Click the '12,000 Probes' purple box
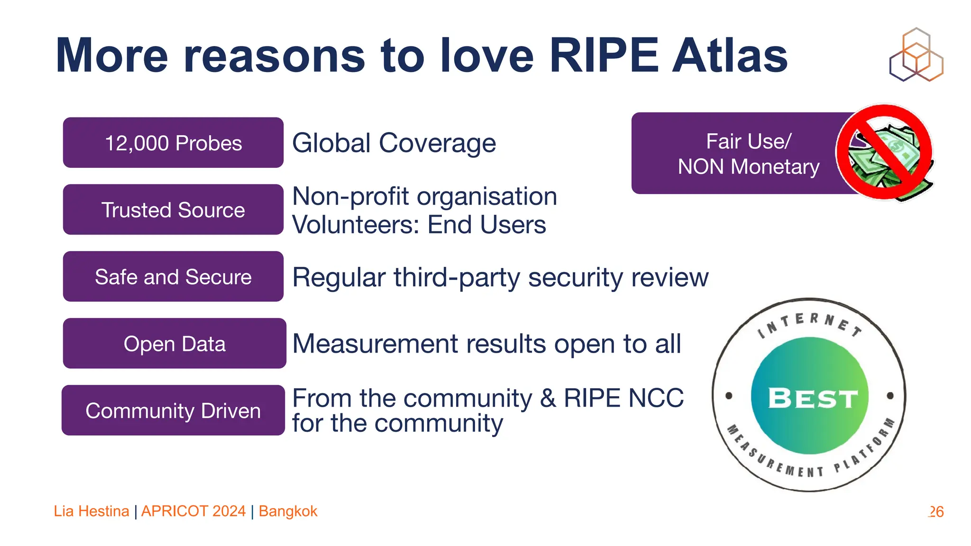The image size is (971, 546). [173, 143]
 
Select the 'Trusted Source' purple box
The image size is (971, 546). [173, 209]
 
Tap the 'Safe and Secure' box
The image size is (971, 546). [173, 276]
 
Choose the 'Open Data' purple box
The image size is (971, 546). [174, 343]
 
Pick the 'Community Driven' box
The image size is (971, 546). [173, 410]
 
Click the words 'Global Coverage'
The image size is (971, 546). [394, 143]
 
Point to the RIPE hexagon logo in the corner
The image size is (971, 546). [916, 55]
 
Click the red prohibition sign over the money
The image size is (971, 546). [884, 152]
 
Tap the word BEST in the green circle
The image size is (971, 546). [813, 398]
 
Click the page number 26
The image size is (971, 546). [936, 511]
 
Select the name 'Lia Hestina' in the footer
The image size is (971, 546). [91, 511]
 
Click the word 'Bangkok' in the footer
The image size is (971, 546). [288, 511]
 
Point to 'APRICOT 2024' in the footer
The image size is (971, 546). [193, 511]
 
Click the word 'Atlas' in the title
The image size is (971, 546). [730, 56]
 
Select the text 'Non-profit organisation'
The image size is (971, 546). [424, 196]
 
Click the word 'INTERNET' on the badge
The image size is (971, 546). [809, 323]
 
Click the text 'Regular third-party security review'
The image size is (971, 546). [500, 277]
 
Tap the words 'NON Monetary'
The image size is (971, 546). [749, 167]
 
